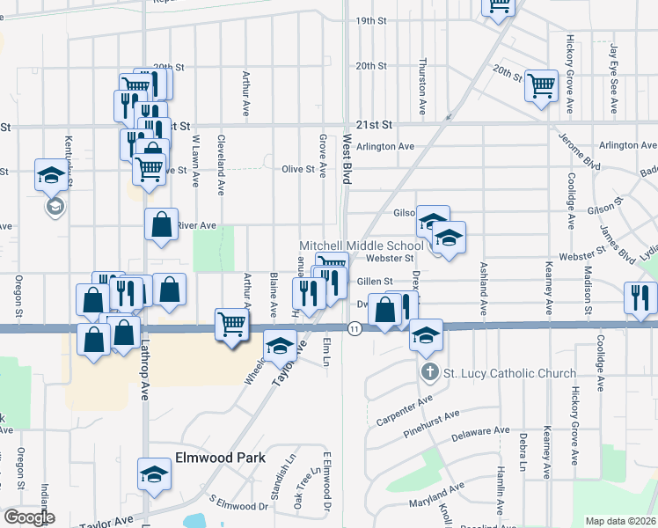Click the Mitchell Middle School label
point(362,246)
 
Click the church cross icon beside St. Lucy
point(429,373)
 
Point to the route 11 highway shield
point(354,328)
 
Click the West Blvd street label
point(347,159)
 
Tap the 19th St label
point(371,20)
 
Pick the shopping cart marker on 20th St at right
point(541,85)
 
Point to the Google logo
point(29,517)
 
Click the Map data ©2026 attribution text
point(620,521)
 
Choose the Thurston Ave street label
point(423,87)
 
